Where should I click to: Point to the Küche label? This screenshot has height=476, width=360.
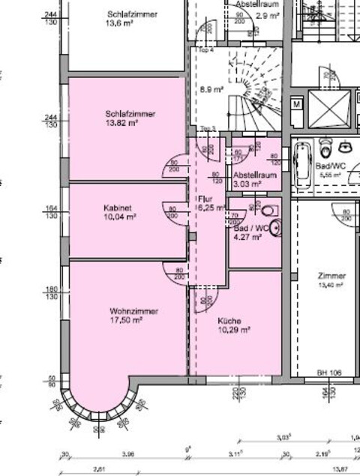coord(230,320)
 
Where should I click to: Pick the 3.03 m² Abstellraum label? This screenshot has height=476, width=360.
coord(247,182)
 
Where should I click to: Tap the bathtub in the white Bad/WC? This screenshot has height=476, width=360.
coord(303,164)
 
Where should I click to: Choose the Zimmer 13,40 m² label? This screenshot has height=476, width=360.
coord(331,280)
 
